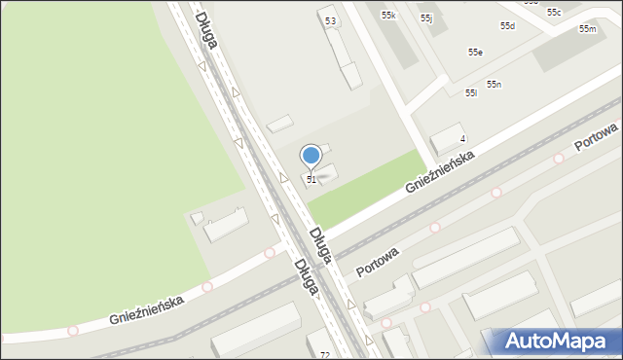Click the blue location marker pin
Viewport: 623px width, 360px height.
311,156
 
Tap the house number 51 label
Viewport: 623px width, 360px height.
311,180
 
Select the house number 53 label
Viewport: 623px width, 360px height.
331,20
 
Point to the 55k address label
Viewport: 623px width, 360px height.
388,16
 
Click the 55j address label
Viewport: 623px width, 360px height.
426,18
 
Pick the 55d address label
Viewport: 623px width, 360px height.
507,26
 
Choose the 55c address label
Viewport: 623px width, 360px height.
553,13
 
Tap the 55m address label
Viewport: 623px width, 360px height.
587,29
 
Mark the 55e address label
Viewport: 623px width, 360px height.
475,53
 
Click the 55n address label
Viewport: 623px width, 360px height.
495,85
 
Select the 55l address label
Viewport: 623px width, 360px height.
470,93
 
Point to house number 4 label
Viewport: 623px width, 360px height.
463,140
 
